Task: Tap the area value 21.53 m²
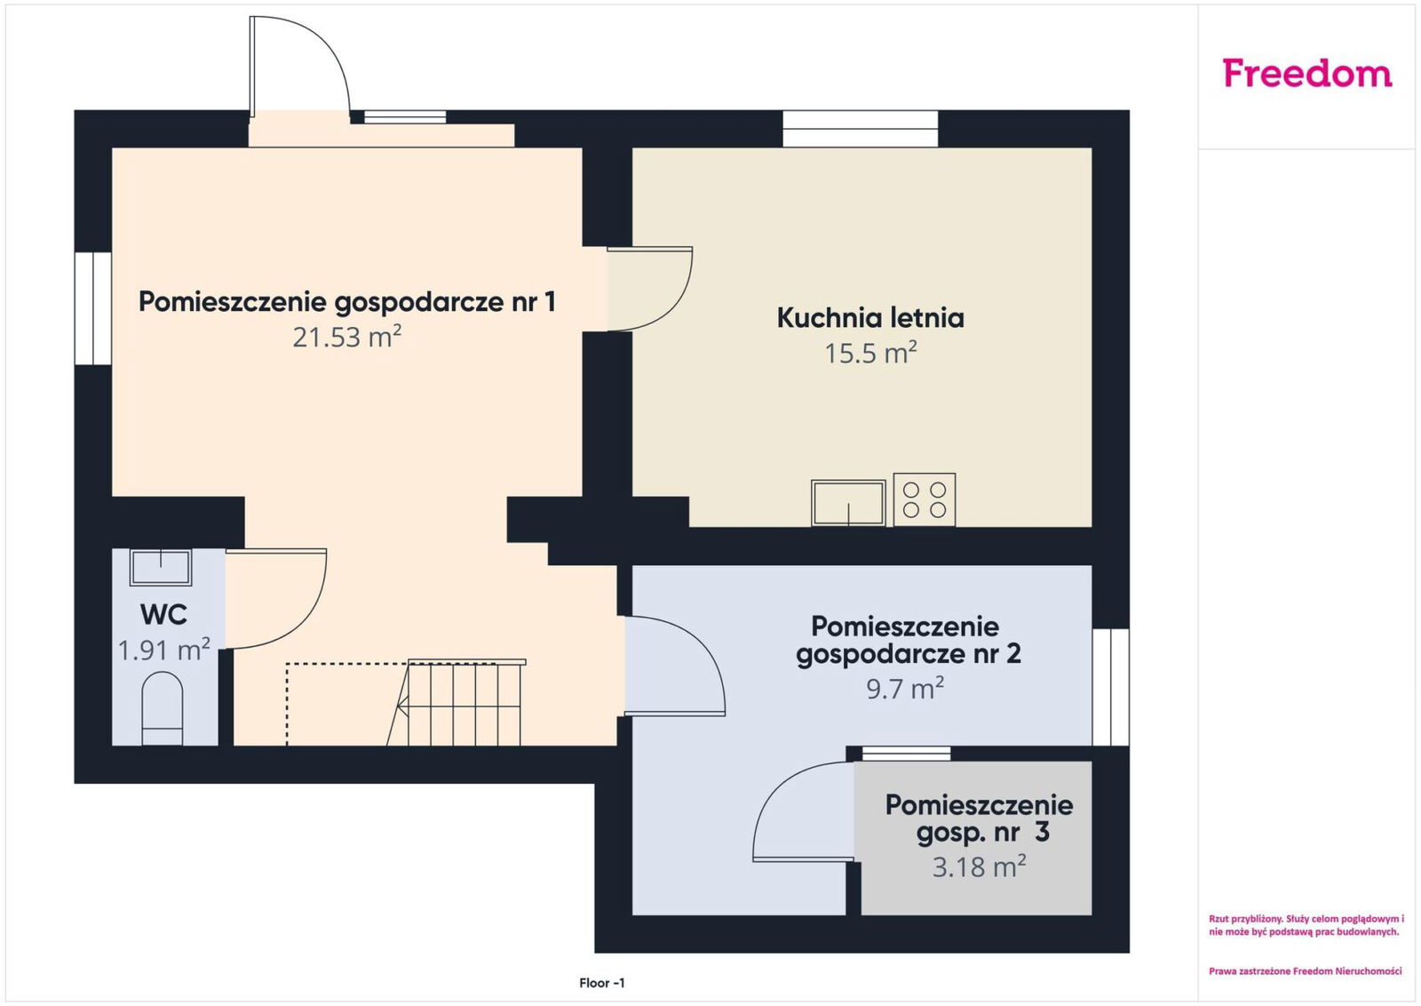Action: (x=347, y=337)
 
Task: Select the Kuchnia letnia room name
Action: (x=870, y=317)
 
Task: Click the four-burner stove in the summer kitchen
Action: (x=925, y=499)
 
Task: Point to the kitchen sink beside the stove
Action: (x=848, y=503)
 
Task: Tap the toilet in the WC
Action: (x=163, y=709)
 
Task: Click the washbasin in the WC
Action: (x=161, y=567)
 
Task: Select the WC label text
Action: (x=163, y=614)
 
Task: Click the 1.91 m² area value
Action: (x=164, y=650)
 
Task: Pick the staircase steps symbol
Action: (x=456, y=703)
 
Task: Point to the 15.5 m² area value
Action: (x=870, y=353)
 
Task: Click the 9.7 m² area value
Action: (x=905, y=688)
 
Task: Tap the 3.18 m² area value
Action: (x=979, y=866)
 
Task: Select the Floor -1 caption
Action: (x=602, y=983)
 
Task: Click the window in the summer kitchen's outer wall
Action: (x=861, y=129)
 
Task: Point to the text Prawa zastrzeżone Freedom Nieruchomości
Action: (x=1305, y=971)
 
